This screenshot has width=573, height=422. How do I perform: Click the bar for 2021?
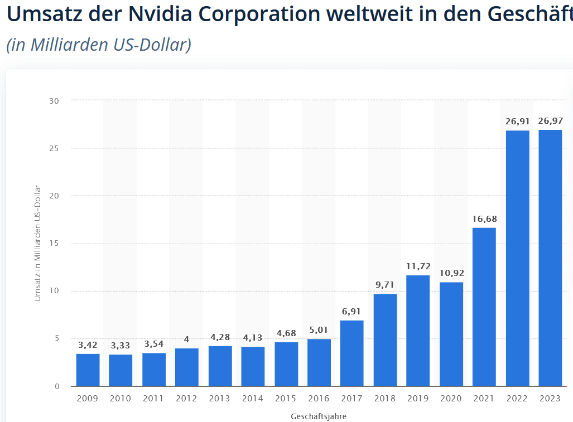(x=484, y=307)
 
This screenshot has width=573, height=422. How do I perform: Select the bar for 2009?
(x=88, y=370)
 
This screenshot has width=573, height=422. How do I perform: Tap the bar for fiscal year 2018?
(x=385, y=339)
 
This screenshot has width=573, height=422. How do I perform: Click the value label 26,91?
(x=517, y=121)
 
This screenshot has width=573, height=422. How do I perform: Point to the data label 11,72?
(x=418, y=266)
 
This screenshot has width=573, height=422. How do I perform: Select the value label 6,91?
(x=351, y=311)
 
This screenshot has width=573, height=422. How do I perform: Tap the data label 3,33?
(x=121, y=346)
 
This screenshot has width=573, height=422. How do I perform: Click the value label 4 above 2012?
(x=186, y=339)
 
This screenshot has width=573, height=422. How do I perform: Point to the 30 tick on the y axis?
(x=54, y=101)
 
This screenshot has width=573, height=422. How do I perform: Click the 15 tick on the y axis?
(x=54, y=244)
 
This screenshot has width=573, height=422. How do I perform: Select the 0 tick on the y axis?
(x=56, y=386)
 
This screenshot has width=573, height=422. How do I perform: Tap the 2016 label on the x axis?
(x=319, y=399)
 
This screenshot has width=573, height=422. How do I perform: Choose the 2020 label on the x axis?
(x=451, y=399)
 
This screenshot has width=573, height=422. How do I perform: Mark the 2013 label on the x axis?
(x=220, y=399)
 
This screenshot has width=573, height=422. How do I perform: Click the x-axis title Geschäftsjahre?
(x=319, y=416)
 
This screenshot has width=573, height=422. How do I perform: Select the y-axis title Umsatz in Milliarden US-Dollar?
(x=38, y=243)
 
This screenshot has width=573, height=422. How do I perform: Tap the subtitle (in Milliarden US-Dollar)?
(x=99, y=45)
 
